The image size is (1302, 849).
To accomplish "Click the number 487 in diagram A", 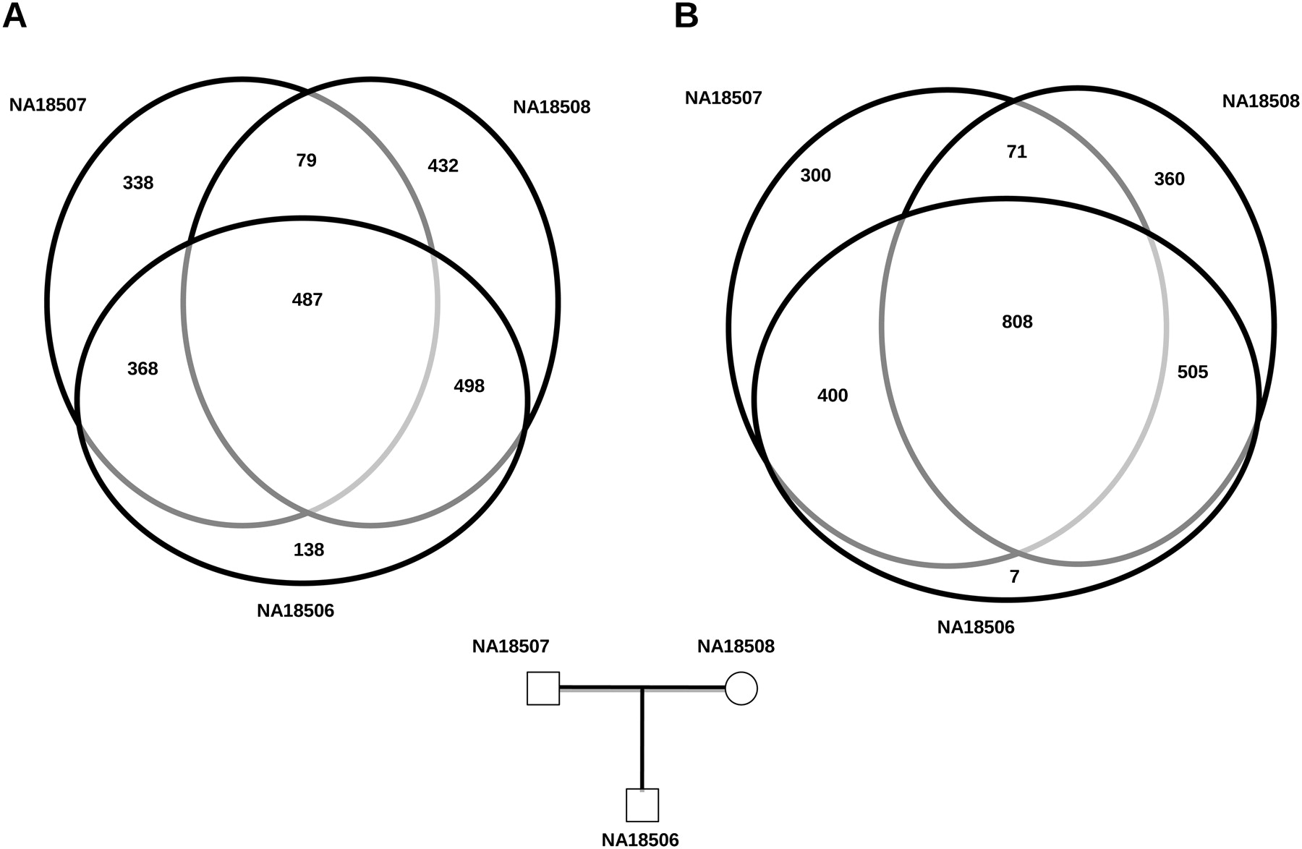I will (307, 299).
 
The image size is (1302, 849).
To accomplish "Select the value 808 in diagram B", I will (1017, 322).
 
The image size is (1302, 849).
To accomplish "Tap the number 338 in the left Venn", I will (138, 183).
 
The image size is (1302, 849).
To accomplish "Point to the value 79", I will (307, 161).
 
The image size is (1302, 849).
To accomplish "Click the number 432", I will (443, 166).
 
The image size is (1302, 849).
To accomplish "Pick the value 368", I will (142, 369).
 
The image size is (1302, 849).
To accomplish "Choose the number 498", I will (469, 385).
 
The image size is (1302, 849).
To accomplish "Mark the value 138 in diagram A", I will (309, 550).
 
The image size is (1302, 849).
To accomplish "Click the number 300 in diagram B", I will (815, 175).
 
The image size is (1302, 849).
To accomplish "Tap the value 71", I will (1016, 152).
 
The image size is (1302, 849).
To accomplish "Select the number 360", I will (1169, 179).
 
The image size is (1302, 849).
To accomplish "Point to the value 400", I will (833, 396).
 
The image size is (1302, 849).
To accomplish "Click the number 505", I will (1192, 372).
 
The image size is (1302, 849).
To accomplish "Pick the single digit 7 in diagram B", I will (1014, 576).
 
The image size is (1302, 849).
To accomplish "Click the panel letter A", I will (14, 16).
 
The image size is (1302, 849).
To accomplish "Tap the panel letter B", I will (686, 16).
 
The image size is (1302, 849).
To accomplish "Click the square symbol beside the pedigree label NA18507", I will (543, 688).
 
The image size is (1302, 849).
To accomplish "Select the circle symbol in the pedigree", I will (741, 688).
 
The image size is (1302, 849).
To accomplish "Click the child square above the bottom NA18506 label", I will (642, 805).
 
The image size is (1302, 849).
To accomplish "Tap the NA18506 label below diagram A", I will (295, 610).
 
